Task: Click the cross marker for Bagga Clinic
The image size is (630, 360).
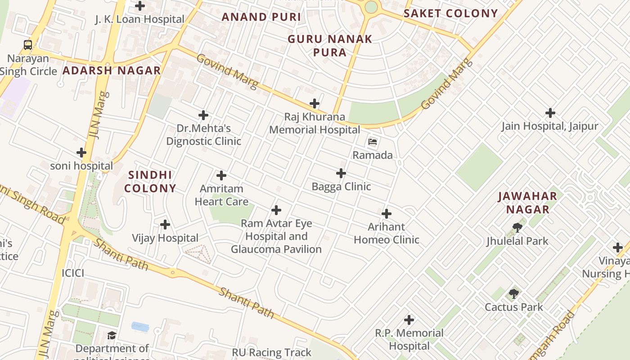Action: click(x=341, y=173)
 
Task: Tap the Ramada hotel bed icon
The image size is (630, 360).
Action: click(x=373, y=142)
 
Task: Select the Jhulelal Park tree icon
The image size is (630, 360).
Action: click(x=517, y=228)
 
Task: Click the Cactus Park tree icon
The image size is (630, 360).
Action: click(x=514, y=294)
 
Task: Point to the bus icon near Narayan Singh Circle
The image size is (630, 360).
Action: click(x=28, y=45)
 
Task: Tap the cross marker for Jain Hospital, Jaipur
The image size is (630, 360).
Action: click(x=550, y=113)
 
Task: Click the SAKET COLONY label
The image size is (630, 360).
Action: click(x=450, y=13)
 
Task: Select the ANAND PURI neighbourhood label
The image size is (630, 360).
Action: click(x=261, y=17)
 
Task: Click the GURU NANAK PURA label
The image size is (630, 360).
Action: click(x=330, y=45)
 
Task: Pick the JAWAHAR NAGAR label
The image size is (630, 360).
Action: click(x=527, y=202)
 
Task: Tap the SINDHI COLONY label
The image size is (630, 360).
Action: click(x=150, y=181)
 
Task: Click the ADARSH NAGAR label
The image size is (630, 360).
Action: click(x=112, y=71)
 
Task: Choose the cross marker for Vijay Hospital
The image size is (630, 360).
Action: click(x=165, y=224)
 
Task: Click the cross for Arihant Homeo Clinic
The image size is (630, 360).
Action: click(x=387, y=214)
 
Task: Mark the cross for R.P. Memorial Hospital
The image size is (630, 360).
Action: click(x=409, y=320)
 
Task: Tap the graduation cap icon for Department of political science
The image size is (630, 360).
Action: click(x=112, y=336)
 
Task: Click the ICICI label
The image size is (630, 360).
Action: click(x=73, y=273)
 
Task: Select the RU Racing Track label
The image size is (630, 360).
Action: click(x=271, y=352)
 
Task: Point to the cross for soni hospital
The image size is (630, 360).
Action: click(x=81, y=153)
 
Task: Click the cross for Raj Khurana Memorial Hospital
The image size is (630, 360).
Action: click(x=315, y=104)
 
